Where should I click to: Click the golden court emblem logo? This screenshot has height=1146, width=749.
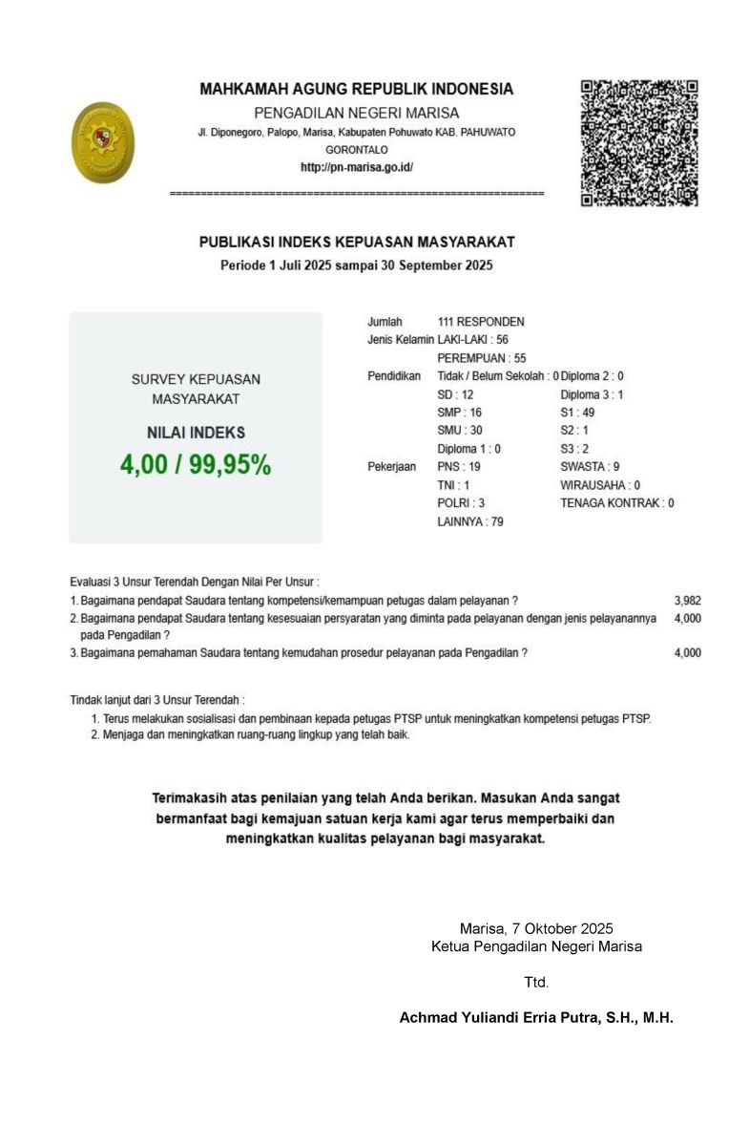point(103,142)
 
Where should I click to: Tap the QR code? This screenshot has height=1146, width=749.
point(639,142)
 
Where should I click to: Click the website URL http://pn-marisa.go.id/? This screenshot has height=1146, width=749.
point(356,167)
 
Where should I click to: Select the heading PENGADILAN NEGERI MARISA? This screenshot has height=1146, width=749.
point(356,113)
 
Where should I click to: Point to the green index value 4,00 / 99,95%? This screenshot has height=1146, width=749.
point(196,465)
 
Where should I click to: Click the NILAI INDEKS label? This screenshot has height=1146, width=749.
point(196,433)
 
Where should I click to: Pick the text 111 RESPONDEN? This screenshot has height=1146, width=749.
point(481,322)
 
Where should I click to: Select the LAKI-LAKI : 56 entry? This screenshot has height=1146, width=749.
point(472,340)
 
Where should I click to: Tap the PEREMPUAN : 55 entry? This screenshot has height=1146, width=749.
point(482,358)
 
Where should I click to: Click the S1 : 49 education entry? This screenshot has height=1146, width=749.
point(577,413)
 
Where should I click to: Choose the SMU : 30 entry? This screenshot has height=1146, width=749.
point(460,431)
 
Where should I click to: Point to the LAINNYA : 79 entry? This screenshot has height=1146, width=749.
point(470,521)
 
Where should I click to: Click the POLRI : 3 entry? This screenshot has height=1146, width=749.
point(461,503)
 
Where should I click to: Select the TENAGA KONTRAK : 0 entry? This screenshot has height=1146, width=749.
point(617,503)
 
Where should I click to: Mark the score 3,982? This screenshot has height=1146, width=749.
point(687,601)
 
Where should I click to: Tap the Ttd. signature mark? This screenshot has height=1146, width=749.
point(536,982)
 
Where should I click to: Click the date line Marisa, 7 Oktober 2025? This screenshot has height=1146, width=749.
point(536,928)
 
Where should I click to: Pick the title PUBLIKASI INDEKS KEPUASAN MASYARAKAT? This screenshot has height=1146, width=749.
point(357,244)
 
